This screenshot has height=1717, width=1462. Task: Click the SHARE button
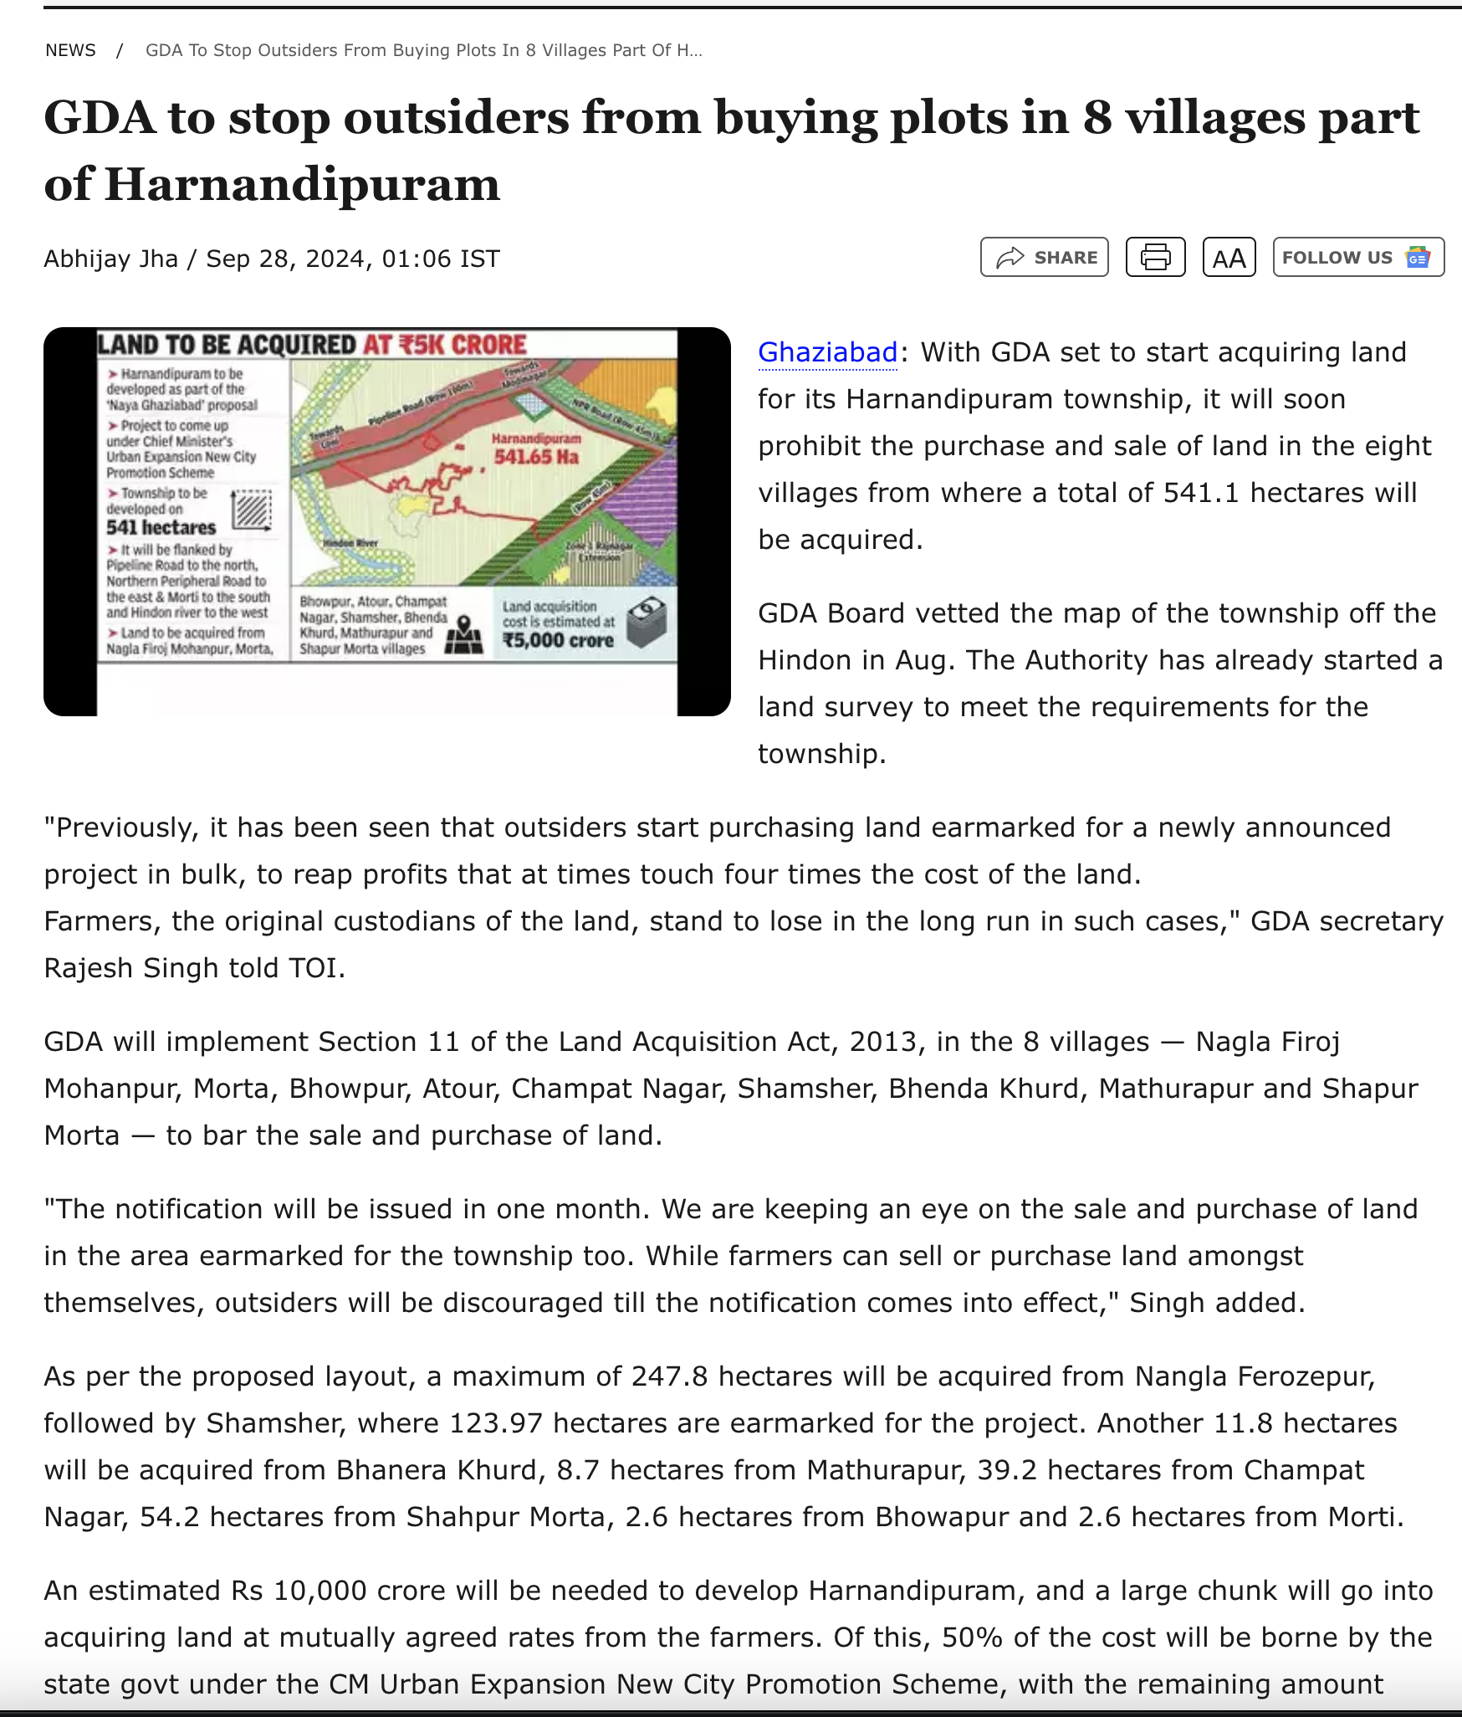click(x=1044, y=257)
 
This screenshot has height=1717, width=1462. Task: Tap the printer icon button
click(x=1155, y=257)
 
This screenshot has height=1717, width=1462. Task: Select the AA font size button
click(x=1229, y=258)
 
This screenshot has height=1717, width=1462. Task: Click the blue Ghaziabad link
click(x=827, y=352)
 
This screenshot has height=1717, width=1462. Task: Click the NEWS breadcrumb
click(x=70, y=50)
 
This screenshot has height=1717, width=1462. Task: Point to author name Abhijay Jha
click(x=110, y=259)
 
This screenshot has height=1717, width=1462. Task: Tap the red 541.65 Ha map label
click(x=536, y=456)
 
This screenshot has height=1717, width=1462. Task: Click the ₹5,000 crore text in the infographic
click(x=558, y=640)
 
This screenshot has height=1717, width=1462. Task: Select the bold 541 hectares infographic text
click(x=161, y=527)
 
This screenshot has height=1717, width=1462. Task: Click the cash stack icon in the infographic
click(x=647, y=622)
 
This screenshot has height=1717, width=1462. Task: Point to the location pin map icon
click(x=463, y=635)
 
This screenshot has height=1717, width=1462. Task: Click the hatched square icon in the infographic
click(x=252, y=510)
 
